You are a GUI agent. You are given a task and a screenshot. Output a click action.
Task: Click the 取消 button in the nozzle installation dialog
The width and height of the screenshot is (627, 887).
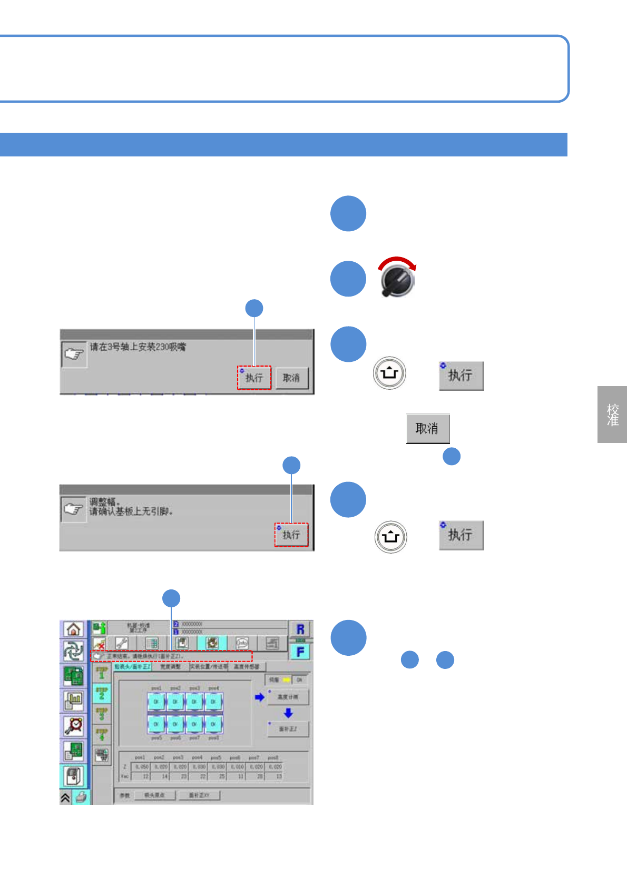pos(291,378)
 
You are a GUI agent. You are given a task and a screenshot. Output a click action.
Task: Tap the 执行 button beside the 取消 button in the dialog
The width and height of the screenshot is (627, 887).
pos(254,378)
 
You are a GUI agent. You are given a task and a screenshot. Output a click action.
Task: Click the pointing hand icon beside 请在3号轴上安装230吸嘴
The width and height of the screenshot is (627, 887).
pos(74,354)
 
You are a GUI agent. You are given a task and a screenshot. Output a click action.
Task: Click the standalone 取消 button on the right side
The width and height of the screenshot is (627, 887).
pos(427,428)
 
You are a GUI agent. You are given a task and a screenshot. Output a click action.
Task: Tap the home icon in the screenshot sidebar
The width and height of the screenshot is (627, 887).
pos(74,629)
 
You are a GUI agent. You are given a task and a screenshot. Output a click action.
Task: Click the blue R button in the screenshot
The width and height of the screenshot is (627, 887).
pos(300,629)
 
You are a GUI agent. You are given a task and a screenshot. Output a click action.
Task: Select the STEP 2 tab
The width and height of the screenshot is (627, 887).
pos(102,693)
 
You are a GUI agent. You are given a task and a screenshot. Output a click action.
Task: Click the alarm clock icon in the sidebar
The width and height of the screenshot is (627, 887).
pos(74,726)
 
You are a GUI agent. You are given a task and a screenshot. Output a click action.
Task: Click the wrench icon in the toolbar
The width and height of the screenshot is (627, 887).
pos(122,643)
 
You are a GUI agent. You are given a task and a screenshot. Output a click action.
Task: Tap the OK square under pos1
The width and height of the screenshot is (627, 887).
pos(156,702)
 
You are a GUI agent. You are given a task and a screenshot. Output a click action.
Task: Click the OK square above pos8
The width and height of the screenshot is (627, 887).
pos(213,724)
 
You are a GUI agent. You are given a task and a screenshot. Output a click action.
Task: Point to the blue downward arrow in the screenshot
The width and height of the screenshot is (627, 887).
pos(288,713)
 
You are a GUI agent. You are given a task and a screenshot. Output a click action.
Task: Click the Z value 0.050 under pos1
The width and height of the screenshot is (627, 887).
pos(141,767)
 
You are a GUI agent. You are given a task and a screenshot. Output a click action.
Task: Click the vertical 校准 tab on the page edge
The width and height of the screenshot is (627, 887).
pos(612,415)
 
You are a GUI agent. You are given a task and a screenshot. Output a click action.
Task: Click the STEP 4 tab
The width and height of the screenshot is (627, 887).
pos(102,734)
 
